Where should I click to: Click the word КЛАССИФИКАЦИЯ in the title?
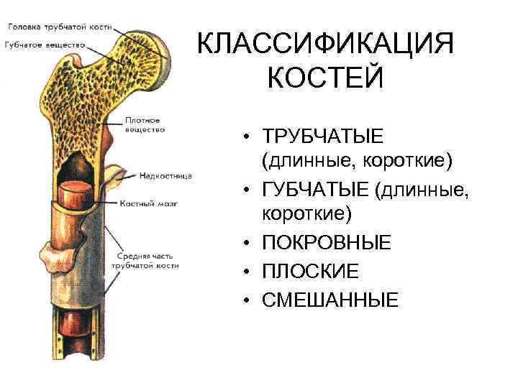coord(326,45)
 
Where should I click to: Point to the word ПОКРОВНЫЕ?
coord(327,244)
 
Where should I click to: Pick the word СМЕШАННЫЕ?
coord(330,299)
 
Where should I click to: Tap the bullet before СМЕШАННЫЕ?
coord(246,300)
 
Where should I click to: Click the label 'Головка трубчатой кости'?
coord(59,27)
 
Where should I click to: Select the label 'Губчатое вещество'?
coord(42,44)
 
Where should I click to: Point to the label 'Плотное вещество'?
coord(145,125)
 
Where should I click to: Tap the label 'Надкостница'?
coord(166,174)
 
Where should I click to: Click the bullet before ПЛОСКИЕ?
coord(246,272)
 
